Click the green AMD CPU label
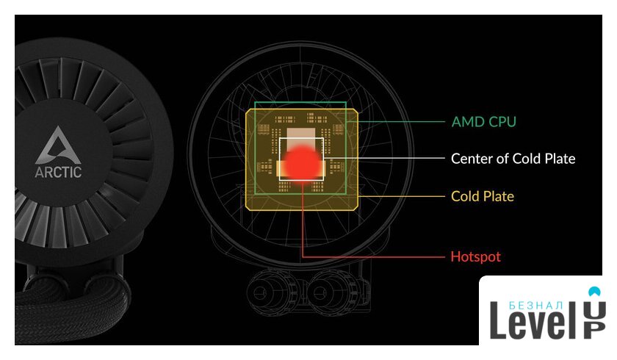coord(483,122)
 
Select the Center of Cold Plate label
coord(513,159)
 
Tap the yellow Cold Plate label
coord(483,196)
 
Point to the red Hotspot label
coord(476,256)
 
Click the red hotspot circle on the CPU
coord(302,162)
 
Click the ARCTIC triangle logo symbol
coord(58,145)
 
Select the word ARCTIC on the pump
coord(58,172)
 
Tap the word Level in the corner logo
coord(535,320)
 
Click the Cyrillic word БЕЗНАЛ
coord(536,306)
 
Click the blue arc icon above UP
coord(594,292)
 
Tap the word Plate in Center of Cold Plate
coord(560,159)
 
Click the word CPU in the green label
coord(502,122)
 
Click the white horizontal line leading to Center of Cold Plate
coord(384,158)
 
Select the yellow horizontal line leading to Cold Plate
coord(401,196)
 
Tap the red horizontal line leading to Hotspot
coord(373,257)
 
